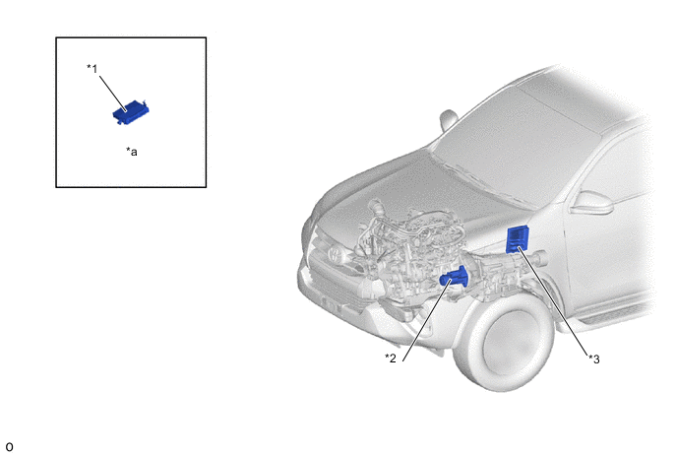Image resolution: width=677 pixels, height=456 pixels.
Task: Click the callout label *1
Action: [x=92, y=69]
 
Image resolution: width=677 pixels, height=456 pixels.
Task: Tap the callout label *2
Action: [x=391, y=358]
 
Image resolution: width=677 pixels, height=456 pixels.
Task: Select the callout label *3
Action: [x=594, y=358]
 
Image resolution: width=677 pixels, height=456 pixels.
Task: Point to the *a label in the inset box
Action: [x=132, y=152]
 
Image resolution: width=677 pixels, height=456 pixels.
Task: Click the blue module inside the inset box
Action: [x=131, y=112]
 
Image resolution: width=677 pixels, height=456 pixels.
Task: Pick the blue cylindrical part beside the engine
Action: [x=454, y=277]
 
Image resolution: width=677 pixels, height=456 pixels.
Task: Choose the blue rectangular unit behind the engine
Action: [x=518, y=239]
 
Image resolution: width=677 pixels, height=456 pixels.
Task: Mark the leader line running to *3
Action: [x=554, y=301]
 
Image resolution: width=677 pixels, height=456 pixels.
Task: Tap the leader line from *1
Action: [x=113, y=94]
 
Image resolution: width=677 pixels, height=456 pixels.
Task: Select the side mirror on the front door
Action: [x=591, y=203]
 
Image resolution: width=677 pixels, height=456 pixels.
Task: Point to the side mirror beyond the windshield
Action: [x=448, y=120]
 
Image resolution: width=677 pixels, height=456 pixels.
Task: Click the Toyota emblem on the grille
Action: [x=336, y=255]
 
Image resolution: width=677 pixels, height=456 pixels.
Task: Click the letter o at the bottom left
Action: [x=9, y=446]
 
